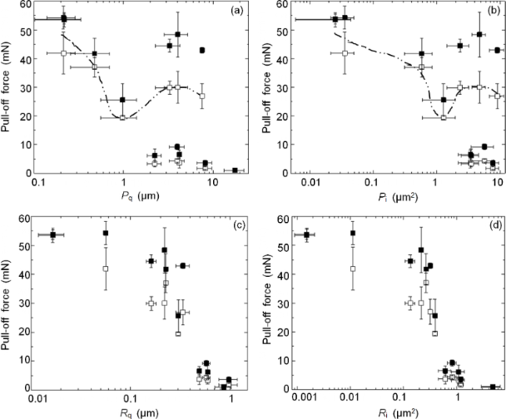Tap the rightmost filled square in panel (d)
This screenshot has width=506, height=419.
point(493,387)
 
